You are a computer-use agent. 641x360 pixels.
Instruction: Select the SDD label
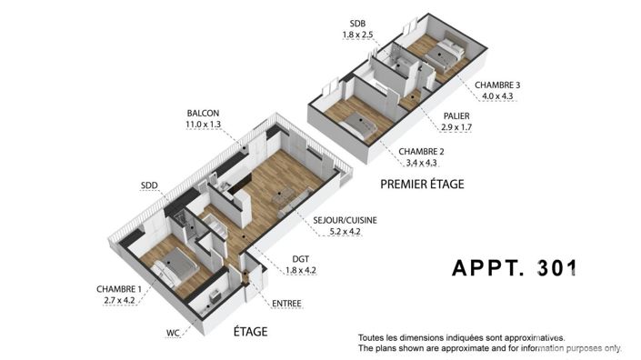[149, 185]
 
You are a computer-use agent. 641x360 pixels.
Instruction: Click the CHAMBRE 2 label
[419, 151]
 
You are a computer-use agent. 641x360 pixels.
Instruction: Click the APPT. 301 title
[515, 268]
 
